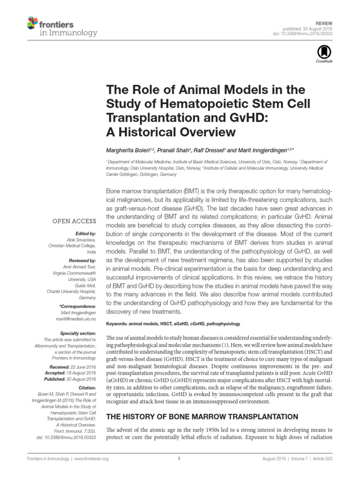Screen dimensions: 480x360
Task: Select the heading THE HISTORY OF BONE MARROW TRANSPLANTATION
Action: click(x=202, y=416)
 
